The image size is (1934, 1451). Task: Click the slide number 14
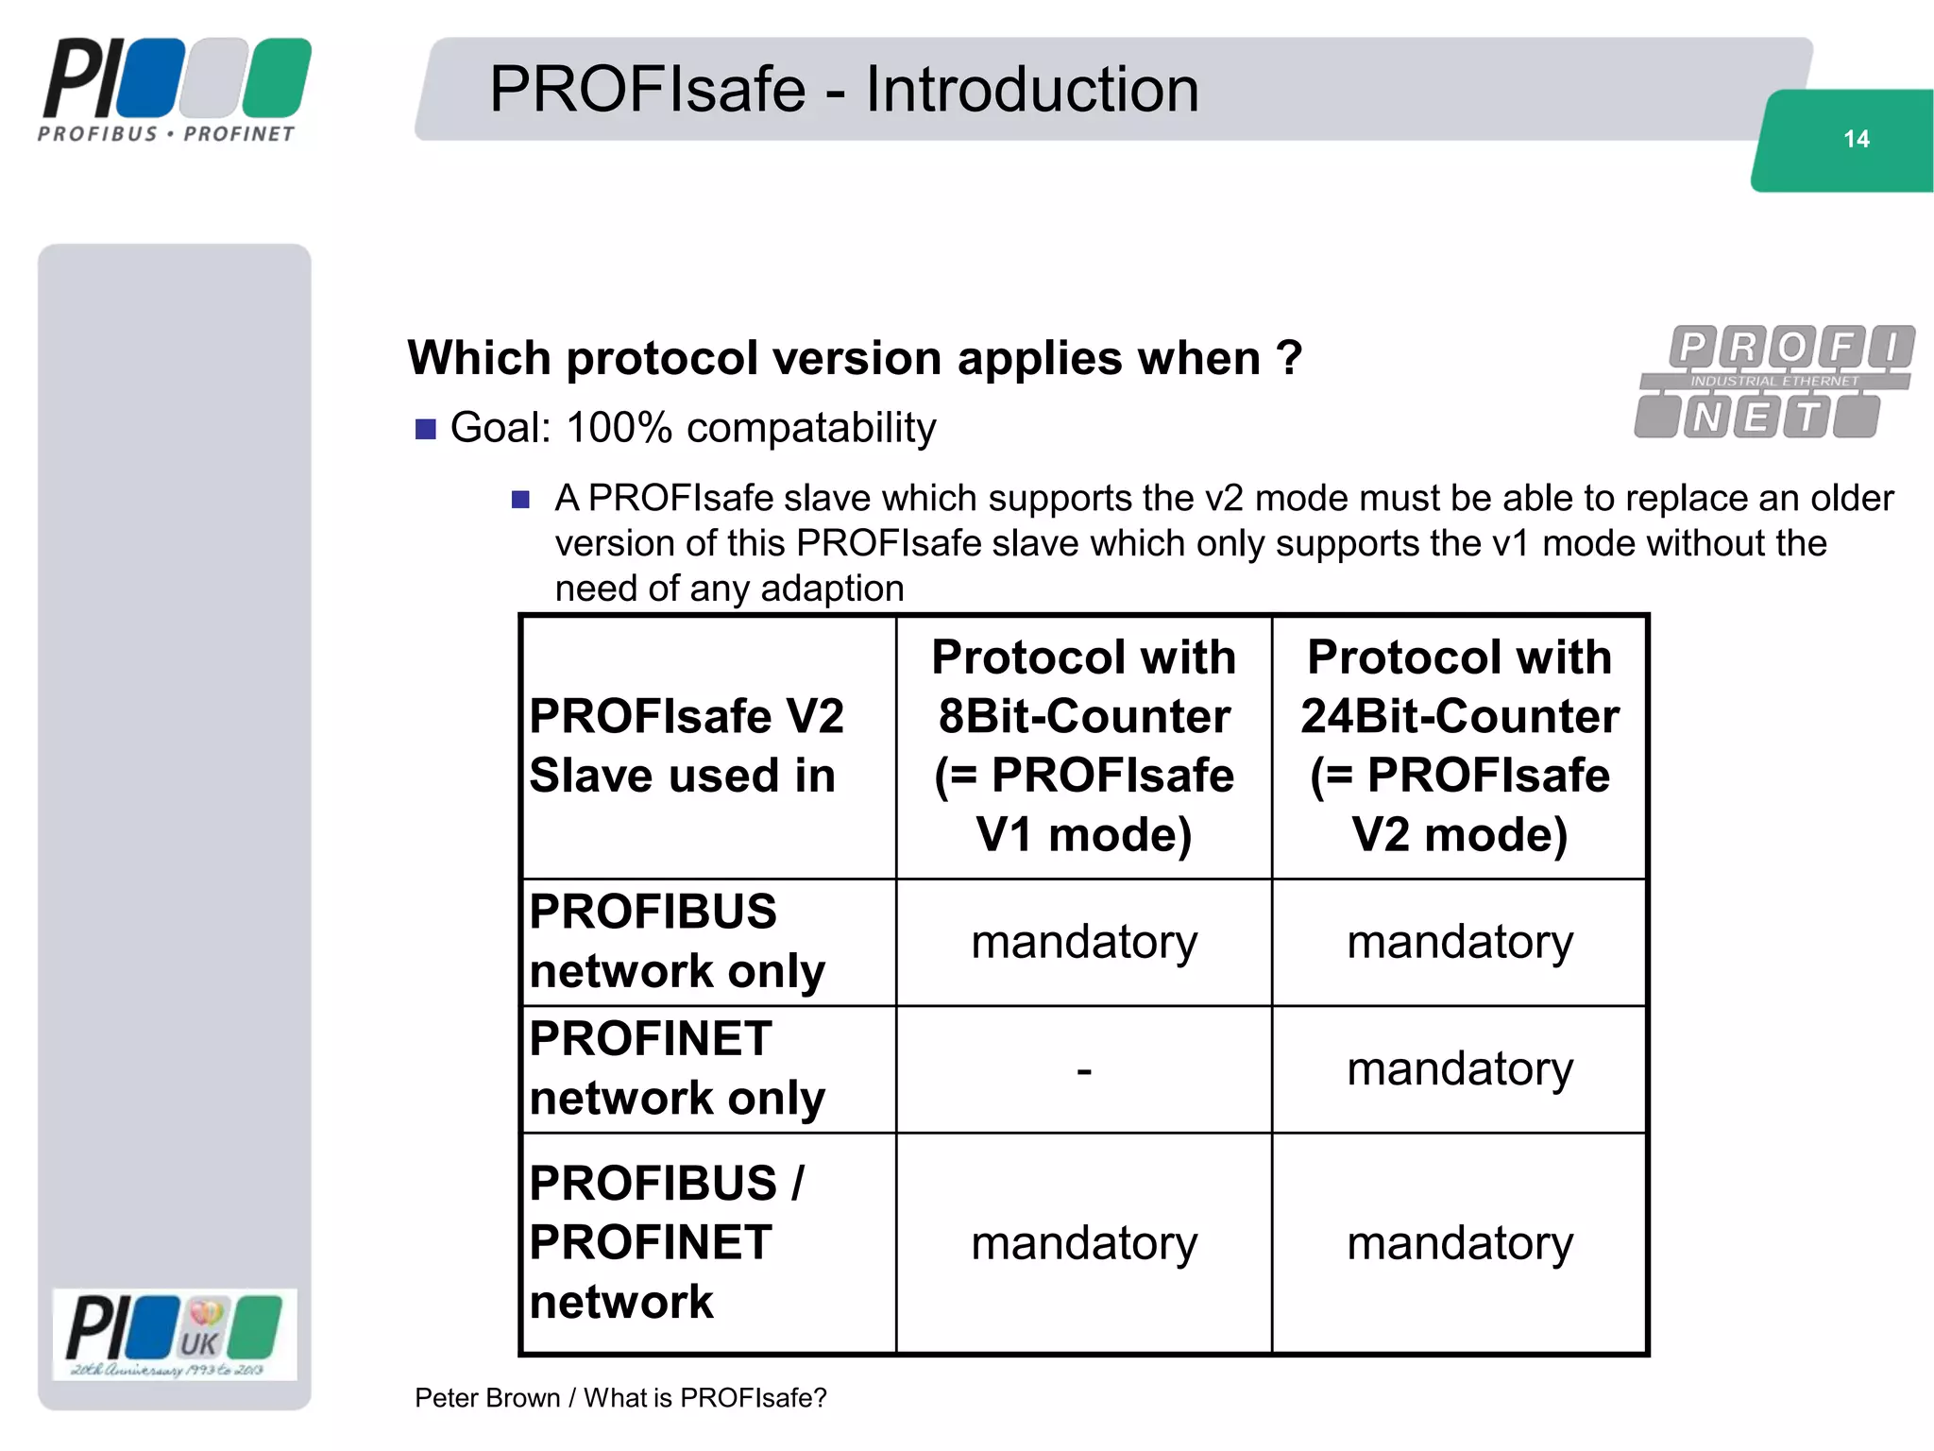pyautogui.click(x=1856, y=140)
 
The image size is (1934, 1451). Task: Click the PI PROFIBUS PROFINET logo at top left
pyautogui.click(x=176, y=91)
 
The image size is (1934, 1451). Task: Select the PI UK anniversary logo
pyautogui.click(x=175, y=1335)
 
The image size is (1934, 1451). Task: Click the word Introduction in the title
pyautogui.click(x=1032, y=90)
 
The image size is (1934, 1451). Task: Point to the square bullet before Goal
pyautogui.click(x=426, y=430)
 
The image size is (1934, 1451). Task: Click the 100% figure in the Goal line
pyautogui.click(x=619, y=428)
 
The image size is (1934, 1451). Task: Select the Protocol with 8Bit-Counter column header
pyautogui.click(x=1084, y=746)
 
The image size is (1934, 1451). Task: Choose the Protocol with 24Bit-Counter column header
pyautogui.click(x=1460, y=746)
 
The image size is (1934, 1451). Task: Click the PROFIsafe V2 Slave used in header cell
pyautogui.click(x=686, y=746)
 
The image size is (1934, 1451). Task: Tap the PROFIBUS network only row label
pyautogui.click(x=677, y=942)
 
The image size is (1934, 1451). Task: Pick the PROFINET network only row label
pyautogui.click(x=677, y=1068)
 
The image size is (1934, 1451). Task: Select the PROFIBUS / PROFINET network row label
pyautogui.click(x=666, y=1242)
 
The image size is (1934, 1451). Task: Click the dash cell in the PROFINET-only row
pyautogui.click(x=1084, y=1070)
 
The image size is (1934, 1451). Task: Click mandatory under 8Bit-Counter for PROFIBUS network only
pyautogui.click(x=1084, y=942)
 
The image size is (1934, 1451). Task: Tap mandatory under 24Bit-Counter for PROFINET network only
pyautogui.click(x=1460, y=1068)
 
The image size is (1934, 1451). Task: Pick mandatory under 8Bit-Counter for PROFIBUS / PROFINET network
pyautogui.click(x=1084, y=1243)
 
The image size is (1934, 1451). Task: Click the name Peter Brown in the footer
pyautogui.click(x=487, y=1398)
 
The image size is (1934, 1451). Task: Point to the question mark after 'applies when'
pyautogui.click(x=1289, y=359)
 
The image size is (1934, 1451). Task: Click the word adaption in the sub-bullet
pyautogui.click(x=832, y=589)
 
